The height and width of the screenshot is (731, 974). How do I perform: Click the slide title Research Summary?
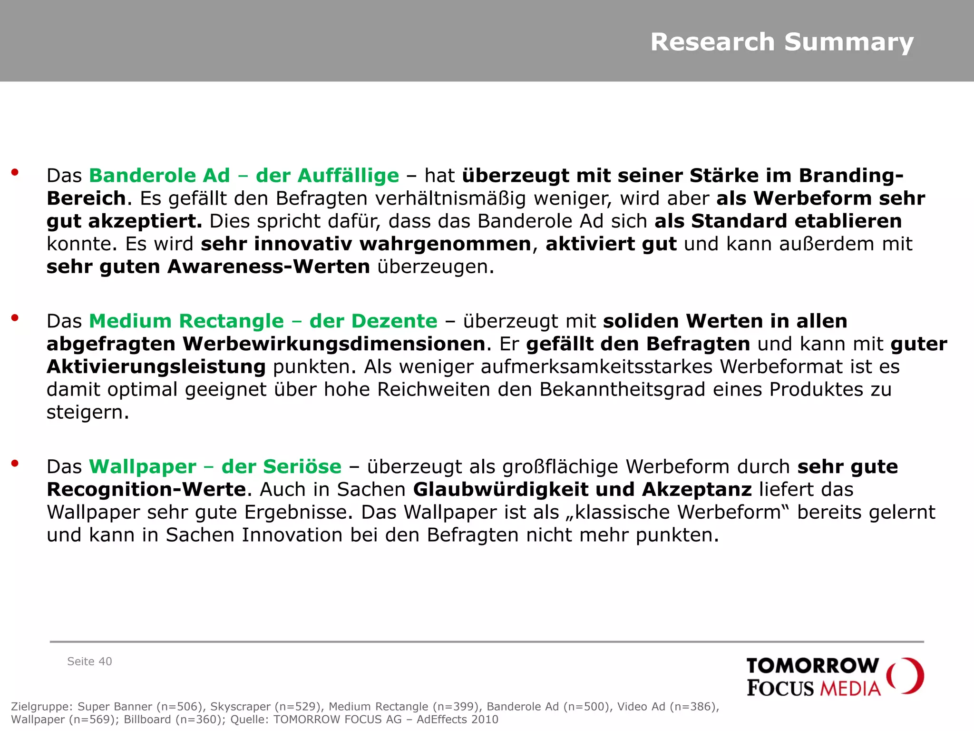pyautogui.click(x=782, y=42)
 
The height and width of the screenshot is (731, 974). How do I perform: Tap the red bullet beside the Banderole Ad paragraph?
pyautogui.click(x=15, y=172)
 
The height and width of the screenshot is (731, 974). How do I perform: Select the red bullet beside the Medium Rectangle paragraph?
pyautogui.click(x=15, y=318)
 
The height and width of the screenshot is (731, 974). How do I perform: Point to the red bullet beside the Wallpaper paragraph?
pyautogui.click(x=15, y=464)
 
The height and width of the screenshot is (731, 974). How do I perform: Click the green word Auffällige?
pyautogui.click(x=348, y=176)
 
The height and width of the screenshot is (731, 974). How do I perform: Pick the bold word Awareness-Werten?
pyautogui.click(x=268, y=267)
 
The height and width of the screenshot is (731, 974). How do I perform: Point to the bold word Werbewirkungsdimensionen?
pyautogui.click(x=333, y=344)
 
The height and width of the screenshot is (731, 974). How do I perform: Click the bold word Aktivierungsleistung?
pyautogui.click(x=156, y=367)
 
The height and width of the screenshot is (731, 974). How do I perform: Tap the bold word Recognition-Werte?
pyautogui.click(x=146, y=490)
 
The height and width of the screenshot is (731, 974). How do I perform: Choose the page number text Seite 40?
pyautogui.click(x=89, y=662)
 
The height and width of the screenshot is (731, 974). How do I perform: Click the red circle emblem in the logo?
pyautogui.click(x=906, y=676)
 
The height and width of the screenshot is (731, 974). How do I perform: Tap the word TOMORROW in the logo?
pyautogui.click(x=812, y=666)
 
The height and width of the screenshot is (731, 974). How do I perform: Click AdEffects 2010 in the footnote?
pyautogui.click(x=457, y=719)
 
